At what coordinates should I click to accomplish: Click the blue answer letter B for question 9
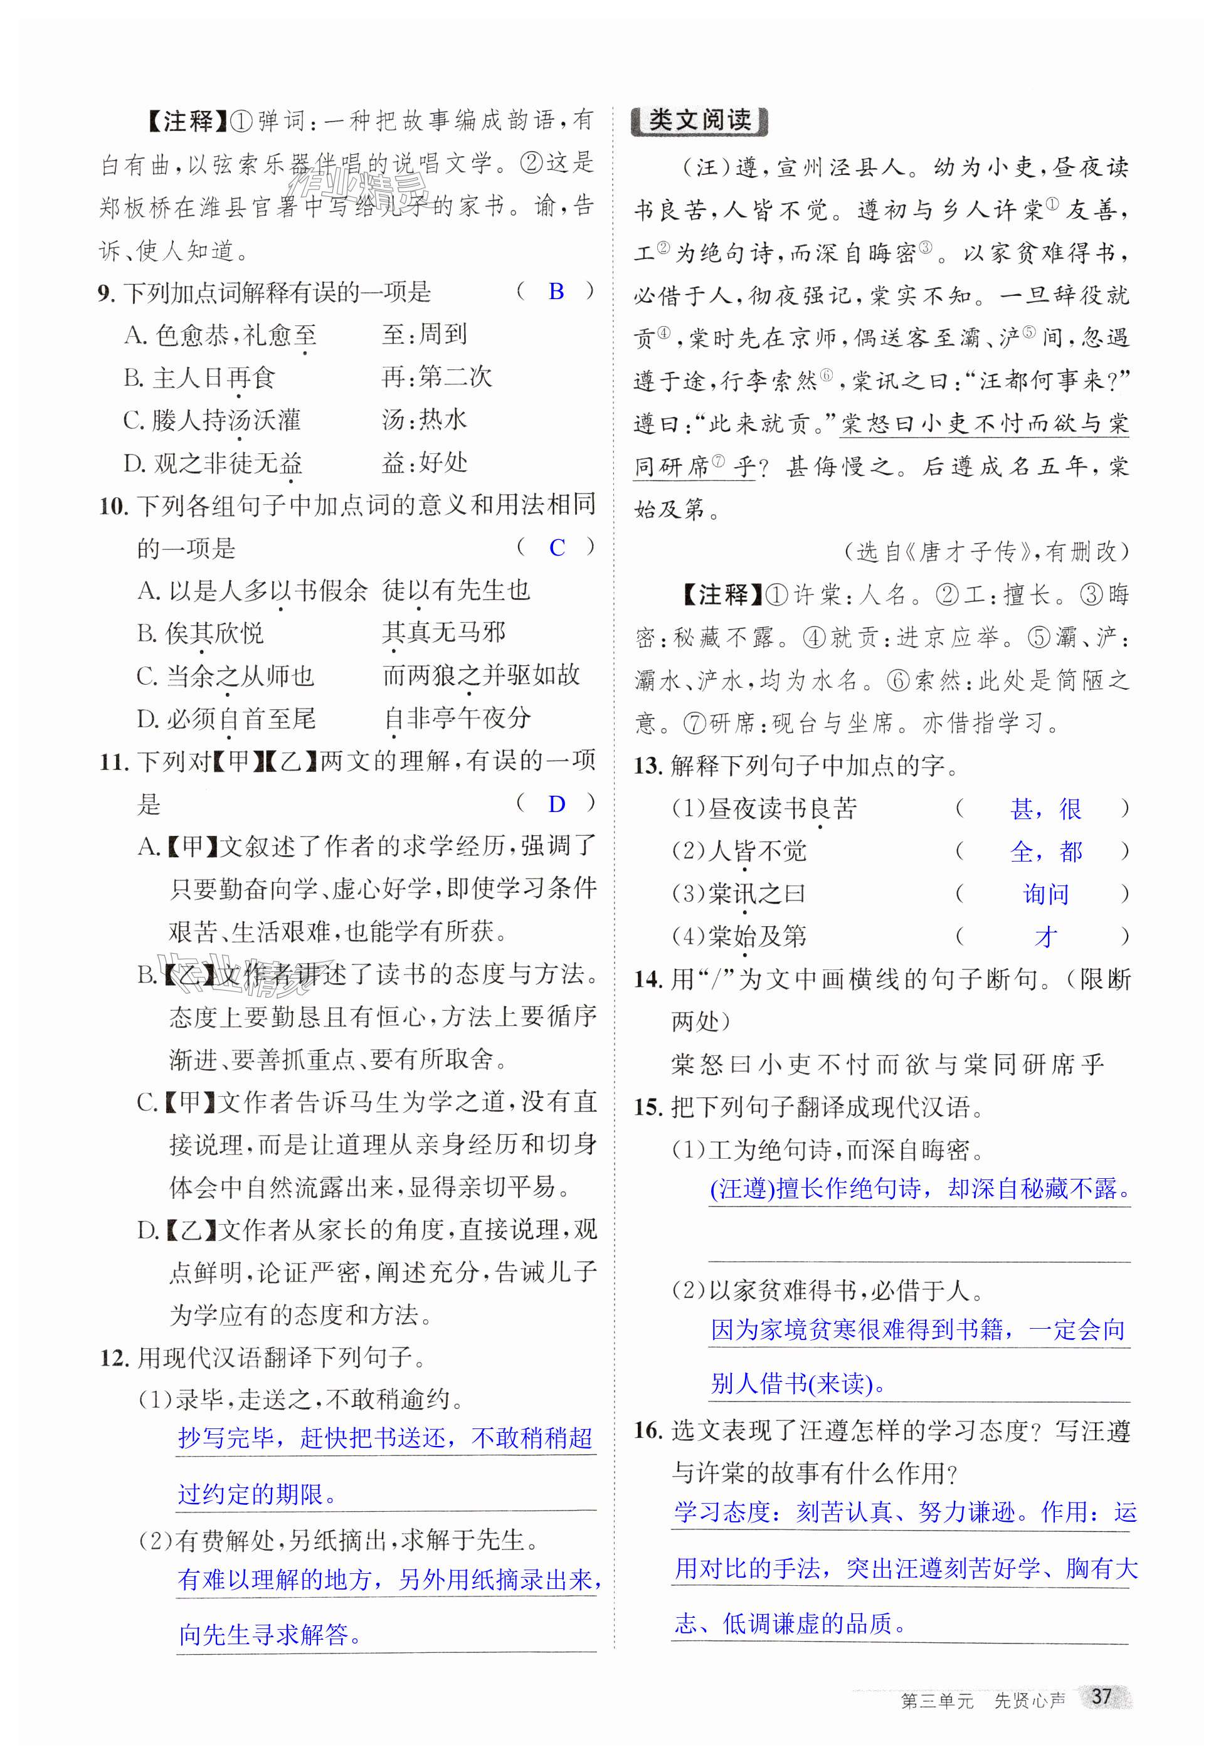click(x=556, y=292)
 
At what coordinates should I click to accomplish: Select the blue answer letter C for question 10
click(x=556, y=547)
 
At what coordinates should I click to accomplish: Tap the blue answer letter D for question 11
click(x=556, y=804)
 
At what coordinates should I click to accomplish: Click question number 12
click(x=112, y=1358)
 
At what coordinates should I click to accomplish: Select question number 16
click(x=647, y=1430)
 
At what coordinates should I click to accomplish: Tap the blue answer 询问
click(x=1046, y=894)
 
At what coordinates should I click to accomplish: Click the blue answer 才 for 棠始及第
click(x=1046, y=937)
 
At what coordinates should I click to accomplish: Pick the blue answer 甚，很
click(x=1046, y=808)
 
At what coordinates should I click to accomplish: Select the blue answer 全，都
click(x=1046, y=851)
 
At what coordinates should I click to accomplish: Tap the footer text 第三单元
click(x=937, y=1700)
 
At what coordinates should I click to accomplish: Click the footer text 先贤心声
click(x=1029, y=1700)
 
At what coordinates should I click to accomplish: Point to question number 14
click(x=647, y=979)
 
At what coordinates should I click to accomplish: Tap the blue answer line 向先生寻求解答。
click(x=271, y=1634)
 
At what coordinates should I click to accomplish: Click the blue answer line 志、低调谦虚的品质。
click(x=790, y=1623)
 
